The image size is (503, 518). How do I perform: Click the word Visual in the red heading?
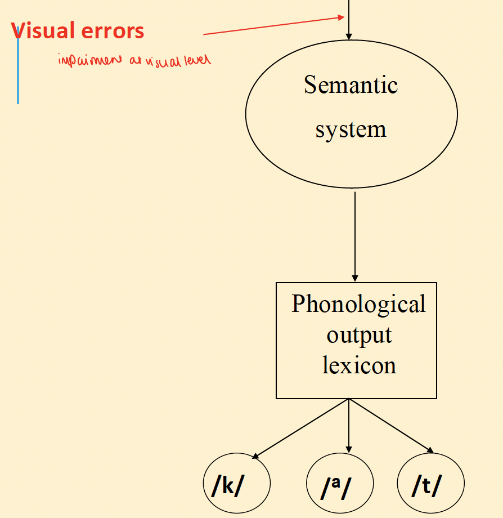pos(47,31)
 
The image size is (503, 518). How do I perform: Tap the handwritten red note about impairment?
pos(134,60)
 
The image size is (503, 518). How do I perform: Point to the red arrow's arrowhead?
pos(340,17)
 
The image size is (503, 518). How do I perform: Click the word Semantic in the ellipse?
pos(351,85)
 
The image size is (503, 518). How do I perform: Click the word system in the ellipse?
pos(351,130)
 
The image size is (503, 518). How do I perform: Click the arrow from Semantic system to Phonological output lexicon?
pos(354,236)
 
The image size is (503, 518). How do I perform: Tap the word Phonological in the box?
pos(358,304)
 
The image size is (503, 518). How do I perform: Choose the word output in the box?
pos(359,335)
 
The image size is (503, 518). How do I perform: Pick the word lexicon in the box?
pos(359,365)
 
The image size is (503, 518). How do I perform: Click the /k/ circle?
pos(236,484)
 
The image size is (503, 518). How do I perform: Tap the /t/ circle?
pos(431,484)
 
